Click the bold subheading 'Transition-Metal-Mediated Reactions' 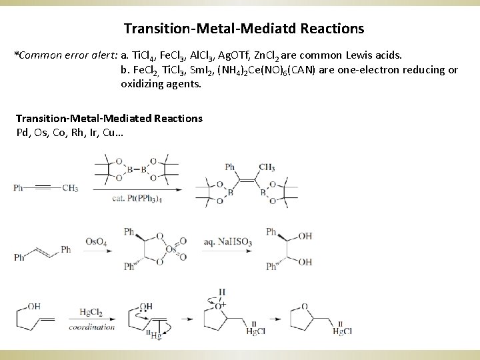[x=109, y=118]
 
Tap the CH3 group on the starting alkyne [x=70, y=188]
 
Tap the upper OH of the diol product [x=305, y=235]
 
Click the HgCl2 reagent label [x=91, y=311]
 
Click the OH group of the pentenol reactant [x=33, y=306]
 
